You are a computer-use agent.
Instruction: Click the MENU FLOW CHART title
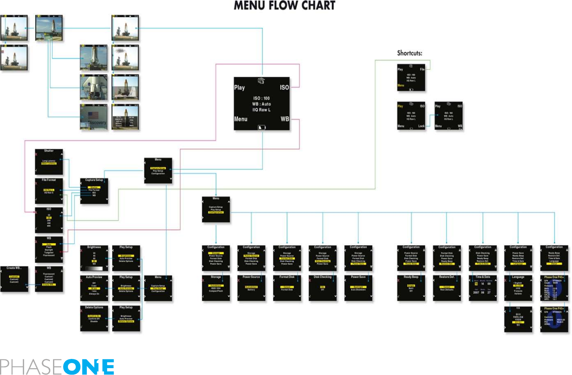[x=284, y=6]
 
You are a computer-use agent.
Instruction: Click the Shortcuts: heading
[x=409, y=53]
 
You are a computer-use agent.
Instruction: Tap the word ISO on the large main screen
[x=284, y=87]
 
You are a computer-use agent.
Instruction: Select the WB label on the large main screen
[x=284, y=119]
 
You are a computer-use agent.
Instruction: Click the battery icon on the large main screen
[x=261, y=127]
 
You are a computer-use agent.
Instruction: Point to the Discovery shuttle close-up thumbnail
[x=94, y=117]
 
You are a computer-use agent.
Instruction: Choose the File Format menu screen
[x=49, y=191]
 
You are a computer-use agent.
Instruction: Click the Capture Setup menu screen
[x=94, y=191]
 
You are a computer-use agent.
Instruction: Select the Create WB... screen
[x=14, y=279]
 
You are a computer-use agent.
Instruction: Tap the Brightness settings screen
[x=94, y=258]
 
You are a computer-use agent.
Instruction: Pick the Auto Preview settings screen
[x=94, y=288]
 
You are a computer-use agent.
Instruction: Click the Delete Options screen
[x=94, y=318]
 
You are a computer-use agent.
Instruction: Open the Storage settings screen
[x=216, y=288]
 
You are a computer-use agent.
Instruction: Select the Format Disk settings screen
[x=287, y=288]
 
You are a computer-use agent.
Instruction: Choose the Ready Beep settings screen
[x=411, y=288]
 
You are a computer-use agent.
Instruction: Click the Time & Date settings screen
[x=482, y=288]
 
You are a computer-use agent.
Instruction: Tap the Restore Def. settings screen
[x=447, y=288]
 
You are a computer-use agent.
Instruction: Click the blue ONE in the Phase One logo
[x=88, y=367]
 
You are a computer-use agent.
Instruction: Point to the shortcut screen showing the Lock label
[x=411, y=116]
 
